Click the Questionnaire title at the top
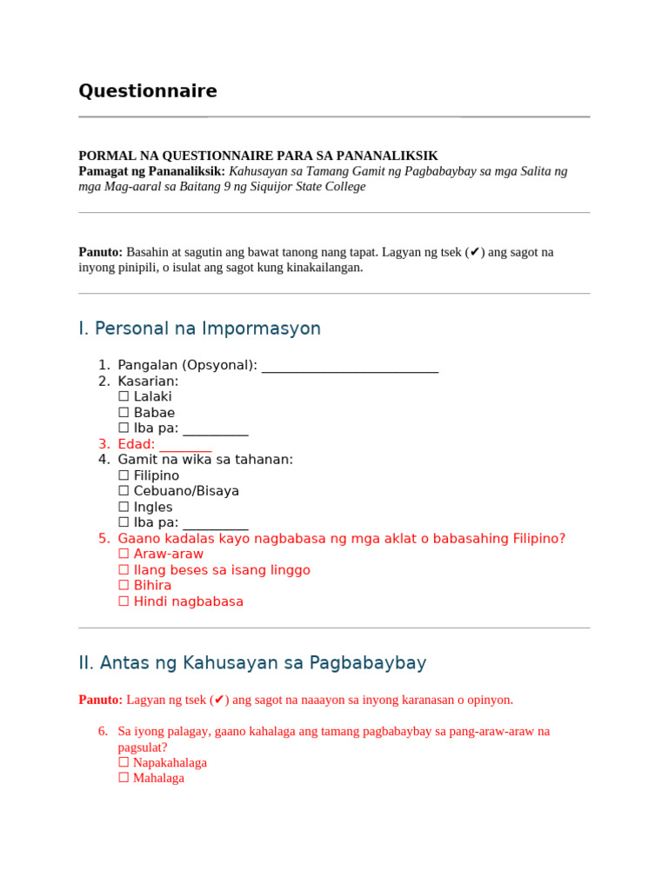148,91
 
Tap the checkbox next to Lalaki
124,397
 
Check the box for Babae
124,413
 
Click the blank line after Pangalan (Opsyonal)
350,366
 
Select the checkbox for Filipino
124,476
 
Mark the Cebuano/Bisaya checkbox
124,492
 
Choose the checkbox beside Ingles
124,508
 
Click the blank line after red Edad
185,445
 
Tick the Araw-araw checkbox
124,555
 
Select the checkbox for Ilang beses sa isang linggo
124,571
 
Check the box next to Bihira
124,586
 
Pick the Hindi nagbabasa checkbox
124,602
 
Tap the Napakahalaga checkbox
124,763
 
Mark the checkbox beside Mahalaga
124,779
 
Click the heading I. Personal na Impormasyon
199,329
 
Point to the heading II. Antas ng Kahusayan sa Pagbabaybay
252,663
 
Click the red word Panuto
101,700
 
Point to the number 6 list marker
103,732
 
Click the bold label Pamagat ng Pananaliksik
151,171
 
